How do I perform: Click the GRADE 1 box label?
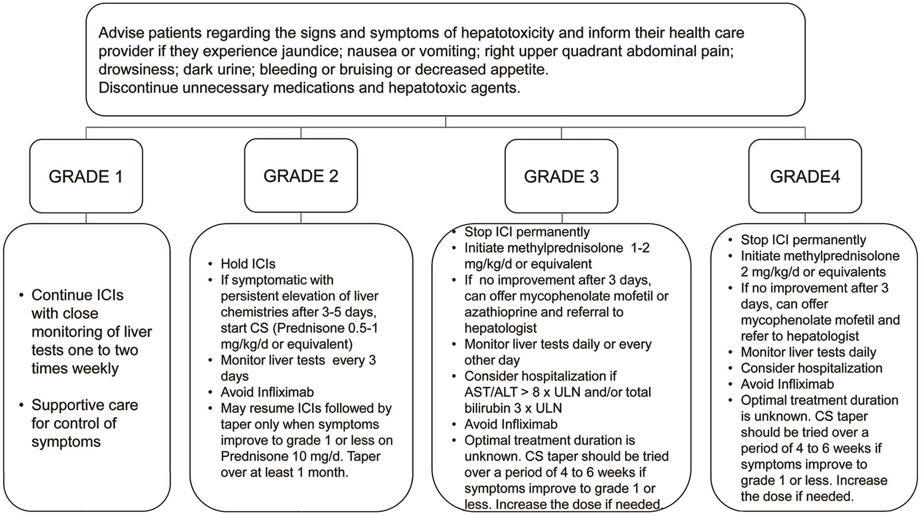pyautogui.click(x=85, y=176)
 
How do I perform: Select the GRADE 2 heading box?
pyautogui.click(x=301, y=176)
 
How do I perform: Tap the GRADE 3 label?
pyautogui.click(x=561, y=176)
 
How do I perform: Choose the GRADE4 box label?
pyautogui.click(x=804, y=176)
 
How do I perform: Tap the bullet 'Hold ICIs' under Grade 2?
pyautogui.click(x=248, y=264)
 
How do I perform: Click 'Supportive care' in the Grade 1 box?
pyautogui.click(x=85, y=405)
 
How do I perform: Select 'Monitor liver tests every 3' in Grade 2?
pyautogui.click(x=298, y=360)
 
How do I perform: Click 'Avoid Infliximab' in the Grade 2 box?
pyautogui.click(x=267, y=392)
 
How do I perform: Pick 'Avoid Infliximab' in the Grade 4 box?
pyautogui.click(x=787, y=384)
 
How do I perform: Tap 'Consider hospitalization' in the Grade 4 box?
pyautogui.click(x=811, y=368)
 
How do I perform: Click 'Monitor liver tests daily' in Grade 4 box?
pyautogui.click(x=808, y=352)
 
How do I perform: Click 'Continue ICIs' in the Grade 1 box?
pyautogui.click(x=77, y=295)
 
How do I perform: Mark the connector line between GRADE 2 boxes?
pyautogui.click(x=301, y=218)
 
